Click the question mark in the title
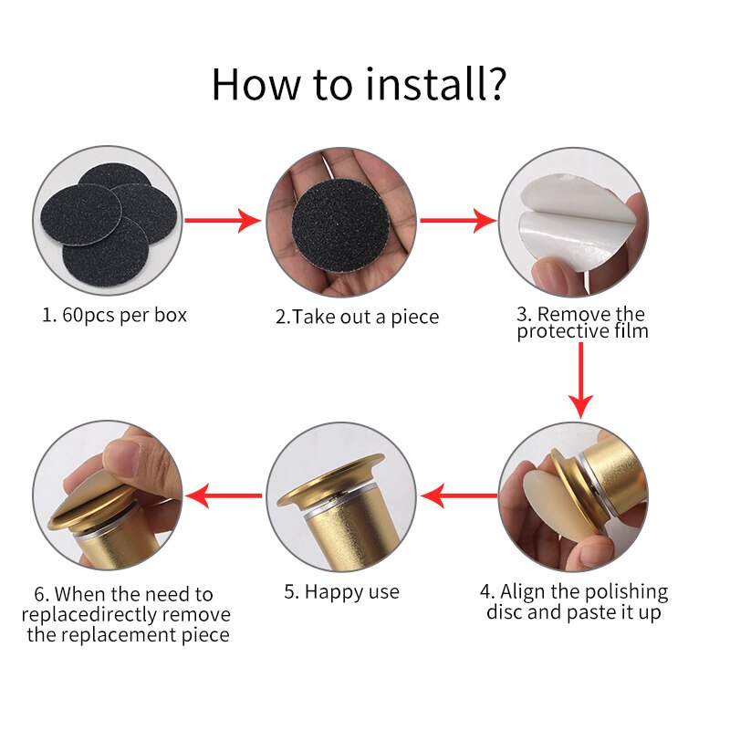[x=495, y=84]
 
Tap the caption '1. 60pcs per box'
[x=115, y=316]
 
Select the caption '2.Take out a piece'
[x=357, y=317]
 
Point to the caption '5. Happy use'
[x=341, y=592]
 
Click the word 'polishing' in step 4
[x=627, y=592]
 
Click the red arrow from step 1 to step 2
[x=223, y=220]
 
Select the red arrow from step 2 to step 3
[x=458, y=220]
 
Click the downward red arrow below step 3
[x=580, y=381]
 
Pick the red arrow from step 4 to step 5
[x=459, y=495]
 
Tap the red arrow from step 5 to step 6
[x=224, y=495]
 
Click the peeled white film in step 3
[x=575, y=224]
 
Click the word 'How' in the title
[x=255, y=84]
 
